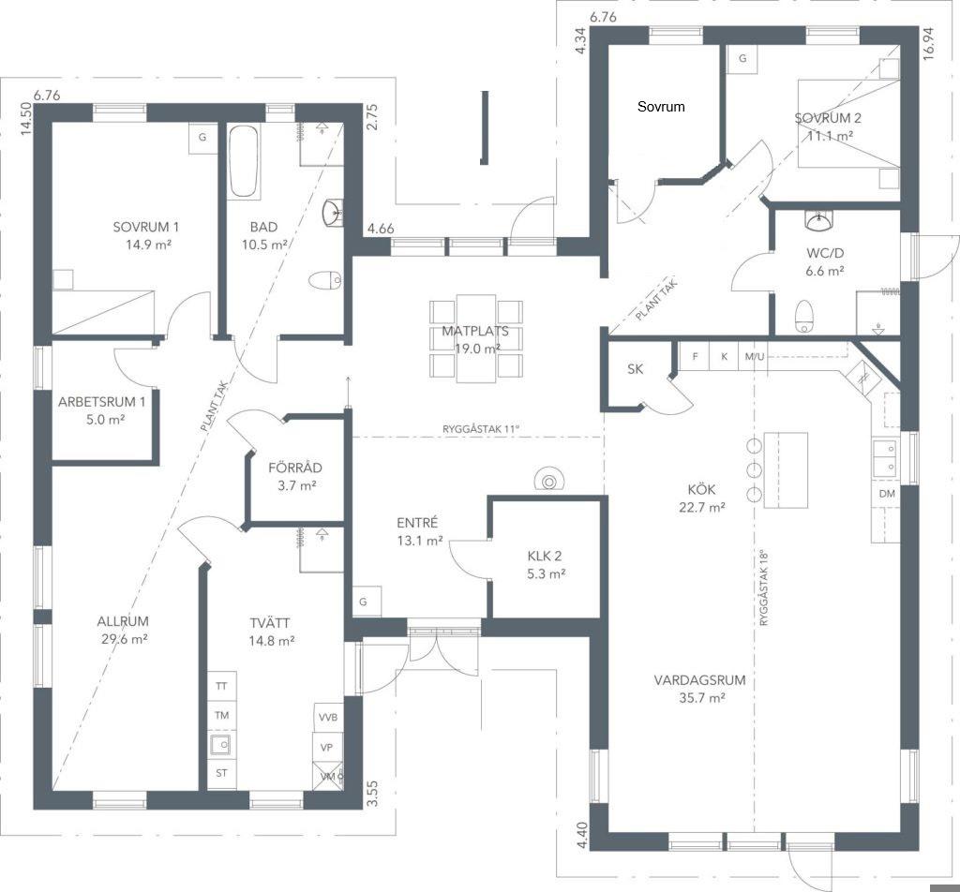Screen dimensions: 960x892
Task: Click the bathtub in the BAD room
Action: [243, 161]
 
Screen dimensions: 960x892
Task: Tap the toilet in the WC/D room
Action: [803, 316]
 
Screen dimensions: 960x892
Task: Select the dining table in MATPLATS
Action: [475, 337]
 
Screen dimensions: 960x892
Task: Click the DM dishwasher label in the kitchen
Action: [887, 494]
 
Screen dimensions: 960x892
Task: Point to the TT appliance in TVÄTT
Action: [221, 686]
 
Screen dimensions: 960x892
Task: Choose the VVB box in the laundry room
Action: [328, 718]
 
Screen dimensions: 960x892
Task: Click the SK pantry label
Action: [635, 369]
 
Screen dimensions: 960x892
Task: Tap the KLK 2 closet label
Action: [545, 557]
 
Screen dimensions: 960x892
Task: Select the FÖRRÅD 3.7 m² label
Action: [295, 477]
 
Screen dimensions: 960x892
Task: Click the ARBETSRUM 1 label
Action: [101, 402]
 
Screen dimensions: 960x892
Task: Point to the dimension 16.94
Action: [929, 43]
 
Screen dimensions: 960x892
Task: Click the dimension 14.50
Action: [25, 118]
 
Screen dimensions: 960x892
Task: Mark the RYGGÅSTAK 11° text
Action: [481, 429]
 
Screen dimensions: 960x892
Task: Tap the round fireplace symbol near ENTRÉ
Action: [549, 478]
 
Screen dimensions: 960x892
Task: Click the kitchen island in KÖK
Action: [786, 469]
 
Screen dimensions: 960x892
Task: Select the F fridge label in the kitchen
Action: [695, 356]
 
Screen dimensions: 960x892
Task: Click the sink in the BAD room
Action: [333, 213]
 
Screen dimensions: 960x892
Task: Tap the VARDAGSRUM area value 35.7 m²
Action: [699, 697]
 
